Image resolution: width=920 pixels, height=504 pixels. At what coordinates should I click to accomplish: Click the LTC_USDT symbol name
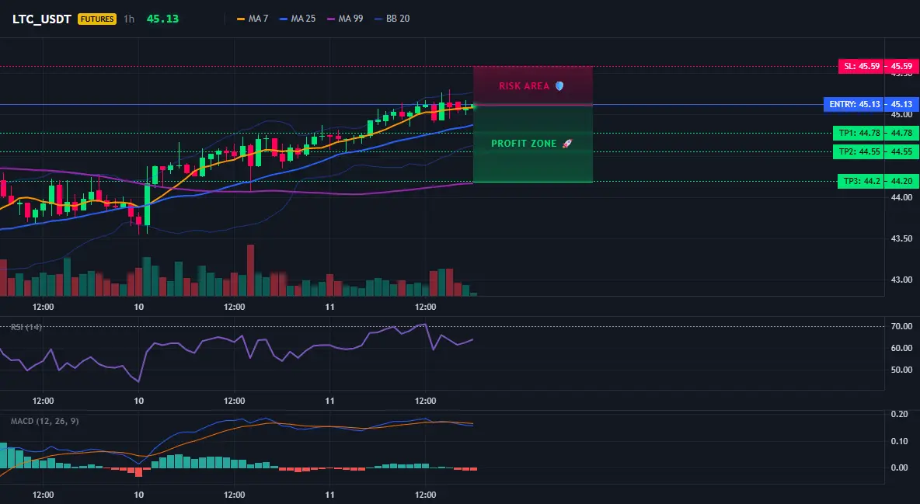pos(42,19)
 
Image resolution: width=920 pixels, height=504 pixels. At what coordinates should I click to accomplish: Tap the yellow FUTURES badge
pos(97,19)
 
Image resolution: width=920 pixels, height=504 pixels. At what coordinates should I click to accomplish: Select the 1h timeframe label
pos(129,19)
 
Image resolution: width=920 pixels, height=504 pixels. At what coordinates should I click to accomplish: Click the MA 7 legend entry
pos(253,19)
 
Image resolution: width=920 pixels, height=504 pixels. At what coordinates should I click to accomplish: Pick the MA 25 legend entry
pos(298,19)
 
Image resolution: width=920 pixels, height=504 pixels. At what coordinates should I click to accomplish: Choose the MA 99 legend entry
pos(345,19)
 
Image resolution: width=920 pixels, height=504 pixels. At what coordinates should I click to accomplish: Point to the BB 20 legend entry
pos(392,19)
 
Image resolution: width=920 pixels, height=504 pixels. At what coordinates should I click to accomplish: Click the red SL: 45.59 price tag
pos(878,66)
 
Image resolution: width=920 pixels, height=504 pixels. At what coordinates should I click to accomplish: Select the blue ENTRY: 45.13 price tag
pos(871,104)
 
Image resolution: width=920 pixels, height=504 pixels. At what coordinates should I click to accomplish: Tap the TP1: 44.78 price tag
pos(876,134)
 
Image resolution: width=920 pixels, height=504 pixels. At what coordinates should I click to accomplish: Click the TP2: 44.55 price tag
pos(876,152)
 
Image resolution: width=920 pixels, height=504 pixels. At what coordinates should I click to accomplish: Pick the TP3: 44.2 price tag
pos(878,181)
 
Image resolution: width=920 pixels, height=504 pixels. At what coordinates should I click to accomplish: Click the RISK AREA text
pos(524,86)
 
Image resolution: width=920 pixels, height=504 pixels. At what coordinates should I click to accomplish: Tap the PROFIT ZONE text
pos(524,144)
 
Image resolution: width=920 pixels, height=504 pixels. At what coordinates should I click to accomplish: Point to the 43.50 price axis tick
pos(902,239)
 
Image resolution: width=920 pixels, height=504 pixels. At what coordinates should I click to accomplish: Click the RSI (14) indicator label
pos(26,327)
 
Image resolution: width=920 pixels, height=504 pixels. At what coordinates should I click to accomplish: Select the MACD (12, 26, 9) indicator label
pos(44,421)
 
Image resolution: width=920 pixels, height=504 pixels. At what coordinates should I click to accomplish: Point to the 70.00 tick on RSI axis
pos(902,326)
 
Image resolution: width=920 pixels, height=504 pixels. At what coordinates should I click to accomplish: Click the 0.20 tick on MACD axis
pos(900,414)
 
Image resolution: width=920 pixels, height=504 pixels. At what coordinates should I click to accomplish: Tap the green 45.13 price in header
pos(162,19)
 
